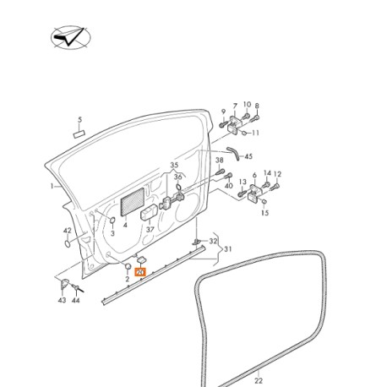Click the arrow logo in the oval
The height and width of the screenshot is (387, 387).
point(71,37)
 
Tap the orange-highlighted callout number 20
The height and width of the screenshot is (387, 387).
point(140,272)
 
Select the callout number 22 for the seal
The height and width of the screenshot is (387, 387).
point(259,380)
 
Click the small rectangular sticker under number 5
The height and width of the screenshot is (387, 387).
point(79,134)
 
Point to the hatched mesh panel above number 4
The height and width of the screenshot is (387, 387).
point(133,202)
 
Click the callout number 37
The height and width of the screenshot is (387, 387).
point(150,230)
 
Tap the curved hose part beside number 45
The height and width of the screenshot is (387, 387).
point(233,153)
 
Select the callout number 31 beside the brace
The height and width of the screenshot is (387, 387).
point(227,249)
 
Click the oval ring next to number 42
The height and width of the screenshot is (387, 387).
point(68,243)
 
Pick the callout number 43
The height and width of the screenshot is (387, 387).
point(62,300)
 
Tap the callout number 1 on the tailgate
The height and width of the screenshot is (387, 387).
point(52,186)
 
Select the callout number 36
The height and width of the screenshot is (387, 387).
point(177,177)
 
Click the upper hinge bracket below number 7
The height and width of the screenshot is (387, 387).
point(233,125)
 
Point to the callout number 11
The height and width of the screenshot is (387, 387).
point(255,133)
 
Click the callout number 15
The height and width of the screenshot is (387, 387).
point(264,213)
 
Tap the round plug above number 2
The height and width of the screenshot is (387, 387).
point(128,266)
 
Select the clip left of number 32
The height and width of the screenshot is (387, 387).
point(197,241)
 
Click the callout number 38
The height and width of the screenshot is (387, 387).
point(220,161)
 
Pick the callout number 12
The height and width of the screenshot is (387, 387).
point(277,174)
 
